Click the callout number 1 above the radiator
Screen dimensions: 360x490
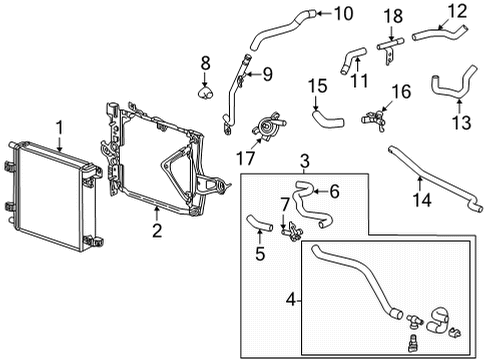[59, 127]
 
